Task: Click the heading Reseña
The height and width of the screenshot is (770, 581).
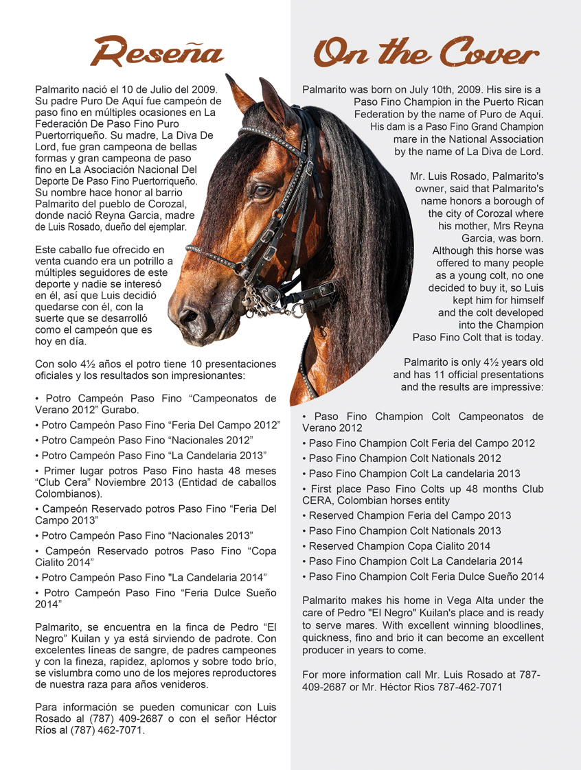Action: pyautogui.click(x=159, y=51)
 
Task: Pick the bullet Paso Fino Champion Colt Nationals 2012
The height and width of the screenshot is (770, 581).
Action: pyautogui.click(x=405, y=458)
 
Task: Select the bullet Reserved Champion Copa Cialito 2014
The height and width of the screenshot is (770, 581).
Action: pyautogui.click(x=399, y=546)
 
